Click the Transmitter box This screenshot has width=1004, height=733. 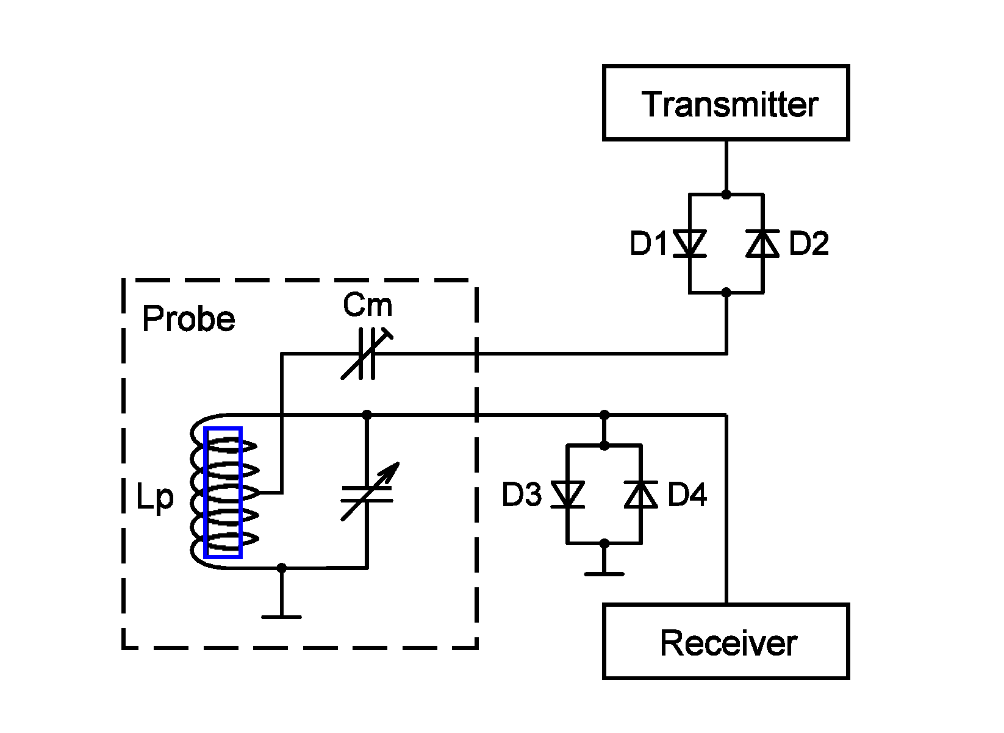tap(726, 103)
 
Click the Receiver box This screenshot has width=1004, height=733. tap(726, 642)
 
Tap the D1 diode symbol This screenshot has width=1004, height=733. tap(690, 244)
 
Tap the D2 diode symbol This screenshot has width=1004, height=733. tap(762, 244)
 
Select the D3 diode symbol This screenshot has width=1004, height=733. tap(568, 495)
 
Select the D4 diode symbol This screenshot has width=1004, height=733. tap(640, 495)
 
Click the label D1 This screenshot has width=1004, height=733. tap(649, 244)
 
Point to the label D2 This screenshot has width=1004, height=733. tap(809, 244)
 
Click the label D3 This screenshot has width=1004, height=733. tap(522, 495)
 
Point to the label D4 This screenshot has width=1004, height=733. tap(687, 495)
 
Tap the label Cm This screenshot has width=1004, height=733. tap(367, 305)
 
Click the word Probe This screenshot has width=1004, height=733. tap(188, 319)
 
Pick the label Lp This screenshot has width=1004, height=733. tap(155, 498)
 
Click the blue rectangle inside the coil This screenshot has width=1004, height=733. tap(223, 492)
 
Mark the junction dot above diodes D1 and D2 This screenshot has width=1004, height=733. tap(726, 195)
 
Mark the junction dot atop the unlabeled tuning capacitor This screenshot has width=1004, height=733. tap(367, 415)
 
